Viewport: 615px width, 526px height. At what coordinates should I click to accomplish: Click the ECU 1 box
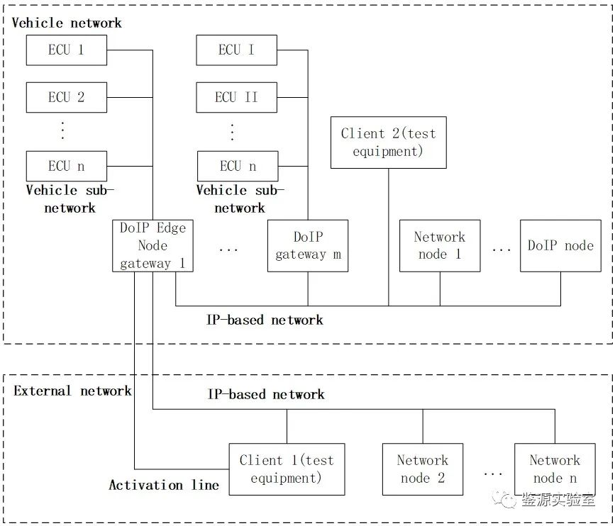coord(66,50)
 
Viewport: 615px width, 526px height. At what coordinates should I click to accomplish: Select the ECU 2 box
coord(66,97)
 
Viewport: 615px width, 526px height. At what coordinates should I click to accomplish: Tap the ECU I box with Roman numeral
coord(236,50)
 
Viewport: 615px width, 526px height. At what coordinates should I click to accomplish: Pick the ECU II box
coord(236,97)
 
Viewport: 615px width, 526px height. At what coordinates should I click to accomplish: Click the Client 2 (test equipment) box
coord(388,142)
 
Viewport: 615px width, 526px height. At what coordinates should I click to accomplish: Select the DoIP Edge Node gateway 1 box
coord(153,246)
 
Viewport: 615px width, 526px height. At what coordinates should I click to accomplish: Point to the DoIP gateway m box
coord(308,246)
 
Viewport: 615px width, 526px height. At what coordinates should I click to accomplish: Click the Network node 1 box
coord(440,246)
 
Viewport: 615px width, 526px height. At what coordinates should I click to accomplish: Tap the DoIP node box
coord(560,246)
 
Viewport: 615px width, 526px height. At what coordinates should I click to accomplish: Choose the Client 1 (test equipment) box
coord(287,469)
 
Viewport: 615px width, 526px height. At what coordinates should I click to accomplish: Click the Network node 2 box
coord(423,469)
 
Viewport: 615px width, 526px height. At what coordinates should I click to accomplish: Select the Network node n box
coord(555,469)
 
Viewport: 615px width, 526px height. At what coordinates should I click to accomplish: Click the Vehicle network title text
coord(67,23)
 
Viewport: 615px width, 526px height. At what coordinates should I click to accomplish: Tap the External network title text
coord(72,391)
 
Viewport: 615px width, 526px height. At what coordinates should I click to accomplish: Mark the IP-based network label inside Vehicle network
coord(265,320)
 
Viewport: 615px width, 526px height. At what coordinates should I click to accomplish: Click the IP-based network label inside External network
coord(266,394)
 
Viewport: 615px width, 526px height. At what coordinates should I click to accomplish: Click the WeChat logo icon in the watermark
coord(509,500)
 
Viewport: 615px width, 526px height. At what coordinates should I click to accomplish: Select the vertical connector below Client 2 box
coord(388,237)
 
